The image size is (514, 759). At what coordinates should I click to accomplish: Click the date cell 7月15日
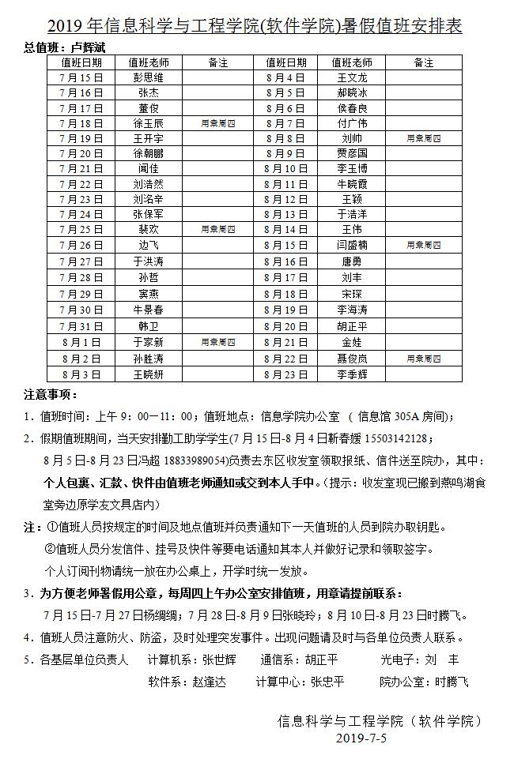81,78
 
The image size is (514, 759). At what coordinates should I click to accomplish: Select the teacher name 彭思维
149,78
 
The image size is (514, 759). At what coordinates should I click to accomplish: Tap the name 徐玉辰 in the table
149,123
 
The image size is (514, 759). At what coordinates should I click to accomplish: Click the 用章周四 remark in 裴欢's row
217,229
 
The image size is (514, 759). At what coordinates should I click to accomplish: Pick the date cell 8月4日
285,78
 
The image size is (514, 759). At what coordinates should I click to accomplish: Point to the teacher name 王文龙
352,78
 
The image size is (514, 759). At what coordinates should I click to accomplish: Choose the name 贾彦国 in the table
352,153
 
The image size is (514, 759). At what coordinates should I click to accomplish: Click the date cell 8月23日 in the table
285,374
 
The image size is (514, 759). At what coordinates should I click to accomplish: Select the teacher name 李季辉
352,374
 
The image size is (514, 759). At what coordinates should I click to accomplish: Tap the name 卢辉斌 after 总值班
88,47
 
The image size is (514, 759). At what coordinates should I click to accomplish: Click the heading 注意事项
51,395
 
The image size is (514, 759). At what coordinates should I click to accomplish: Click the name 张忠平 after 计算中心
327,682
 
